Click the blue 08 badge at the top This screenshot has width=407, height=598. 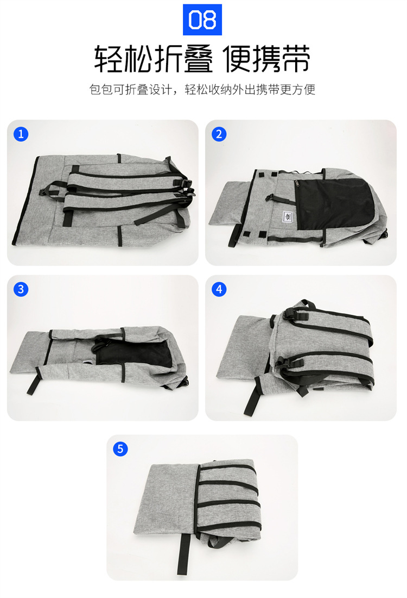click(202, 20)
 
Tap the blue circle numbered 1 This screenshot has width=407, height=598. click(21, 134)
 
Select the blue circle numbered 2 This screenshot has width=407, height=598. click(219, 134)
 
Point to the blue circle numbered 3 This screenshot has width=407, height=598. click(21, 289)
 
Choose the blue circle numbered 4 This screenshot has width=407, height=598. click(219, 289)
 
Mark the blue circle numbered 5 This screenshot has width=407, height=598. click(120, 449)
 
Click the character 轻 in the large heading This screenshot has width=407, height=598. click(109, 59)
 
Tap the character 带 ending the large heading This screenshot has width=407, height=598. click(296, 59)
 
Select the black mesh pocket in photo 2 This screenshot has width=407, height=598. click(334, 204)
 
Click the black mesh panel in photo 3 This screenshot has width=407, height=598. click(135, 353)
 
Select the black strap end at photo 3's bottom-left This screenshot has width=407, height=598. click(33, 383)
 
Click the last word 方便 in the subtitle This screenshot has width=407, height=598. click(303, 90)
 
